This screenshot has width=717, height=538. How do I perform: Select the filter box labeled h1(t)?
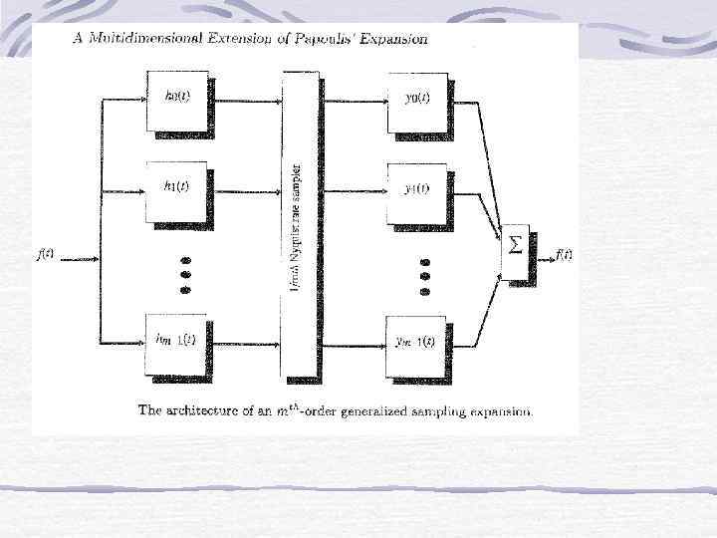pos(176,189)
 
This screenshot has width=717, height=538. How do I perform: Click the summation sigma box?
pos(517,245)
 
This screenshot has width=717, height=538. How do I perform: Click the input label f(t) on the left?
pos(46,253)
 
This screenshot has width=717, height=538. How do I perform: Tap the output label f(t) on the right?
pos(564,253)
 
